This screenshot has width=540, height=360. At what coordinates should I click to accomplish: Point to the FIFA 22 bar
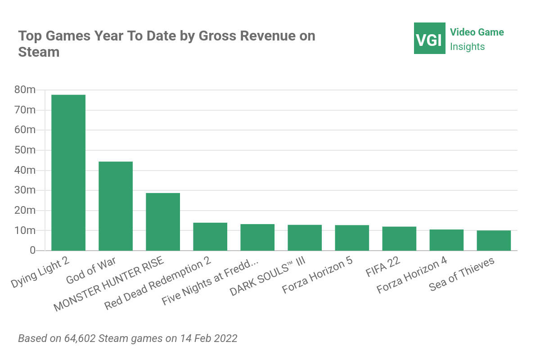click(399, 238)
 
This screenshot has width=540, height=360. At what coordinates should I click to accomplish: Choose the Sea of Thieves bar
click(494, 240)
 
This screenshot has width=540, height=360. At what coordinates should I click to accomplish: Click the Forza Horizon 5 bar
click(352, 238)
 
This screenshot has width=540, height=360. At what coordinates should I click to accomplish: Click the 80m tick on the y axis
click(25, 90)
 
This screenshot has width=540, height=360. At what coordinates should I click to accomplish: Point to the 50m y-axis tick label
click(25, 150)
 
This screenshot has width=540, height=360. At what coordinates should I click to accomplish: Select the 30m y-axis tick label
click(25, 190)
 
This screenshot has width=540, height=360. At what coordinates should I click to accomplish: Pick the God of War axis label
click(91, 270)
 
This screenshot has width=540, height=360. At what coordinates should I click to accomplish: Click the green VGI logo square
click(429, 38)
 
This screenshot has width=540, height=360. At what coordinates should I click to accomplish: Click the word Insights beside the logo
click(468, 47)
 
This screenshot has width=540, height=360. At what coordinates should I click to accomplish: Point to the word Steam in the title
click(39, 52)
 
